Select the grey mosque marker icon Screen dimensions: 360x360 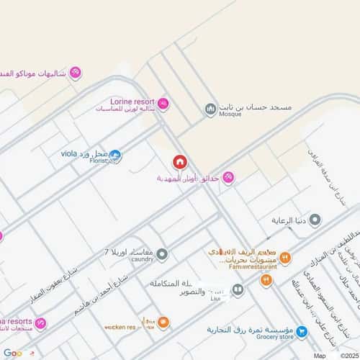210,109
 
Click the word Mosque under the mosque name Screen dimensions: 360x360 231,114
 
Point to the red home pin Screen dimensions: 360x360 179,162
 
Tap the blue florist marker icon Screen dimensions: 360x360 115,155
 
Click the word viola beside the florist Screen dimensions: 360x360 69,153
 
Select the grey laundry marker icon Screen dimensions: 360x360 162,253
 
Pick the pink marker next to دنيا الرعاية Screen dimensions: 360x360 299,220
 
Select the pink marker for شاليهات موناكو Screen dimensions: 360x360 75,73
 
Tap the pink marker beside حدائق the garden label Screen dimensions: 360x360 228,178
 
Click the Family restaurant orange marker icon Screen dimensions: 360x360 285,256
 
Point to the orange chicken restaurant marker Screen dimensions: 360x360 163,322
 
